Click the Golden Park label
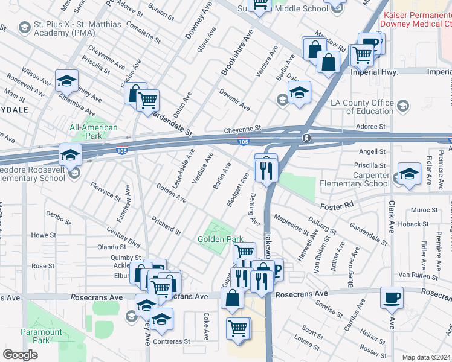tap(221, 239)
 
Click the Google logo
tap(20, 355)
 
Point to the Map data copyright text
tap(427, 357)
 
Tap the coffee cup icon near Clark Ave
tap(392, 297)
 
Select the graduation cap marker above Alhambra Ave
tap(66, 80)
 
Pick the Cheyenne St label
tap(242, 129)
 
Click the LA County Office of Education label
tap(362, 107)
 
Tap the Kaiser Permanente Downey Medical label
tap(414, 20)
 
